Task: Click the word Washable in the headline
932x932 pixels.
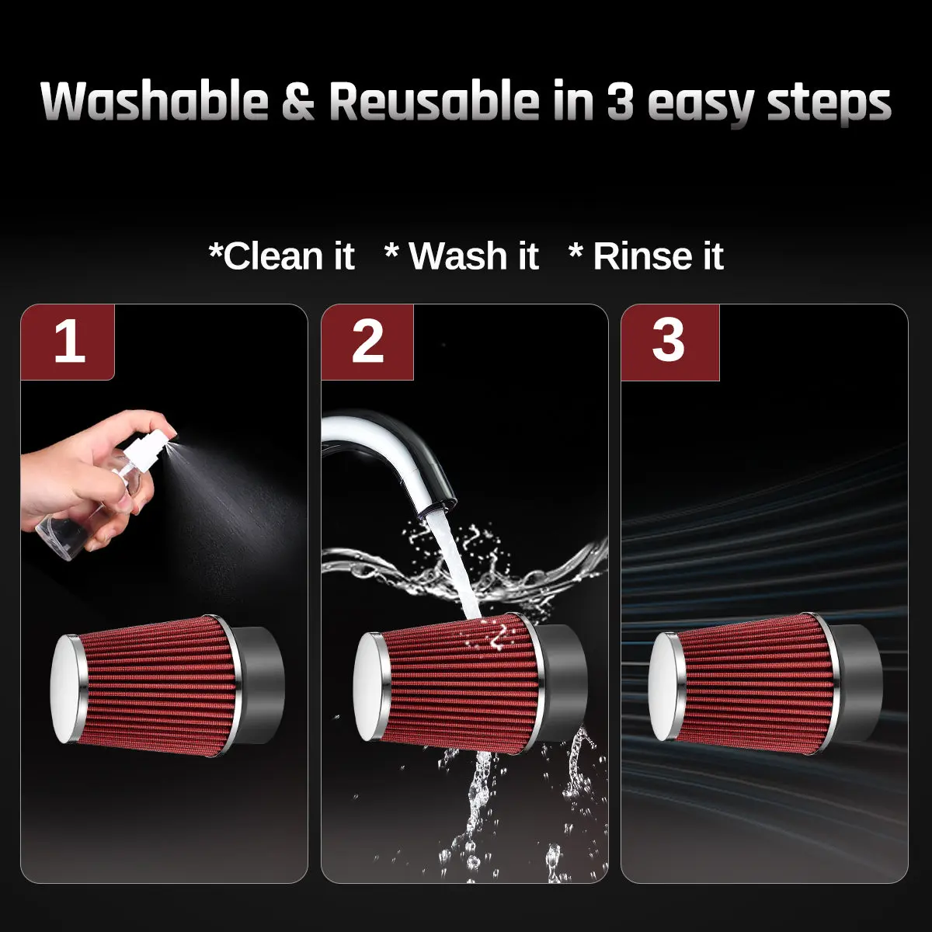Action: pyautogui.click(x=155, y=101)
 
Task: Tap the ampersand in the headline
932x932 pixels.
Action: pyautogui.click(x=298, y=102)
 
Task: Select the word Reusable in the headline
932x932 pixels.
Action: pyautogui.click(x=434, y=101)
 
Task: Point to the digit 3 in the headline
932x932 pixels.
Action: pyautogui.click(x=620, y=102)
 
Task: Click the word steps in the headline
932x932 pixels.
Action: pyautogui.click(x=829, y=105)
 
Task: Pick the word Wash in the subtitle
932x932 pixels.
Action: pyautogui.click(x=457, y=256)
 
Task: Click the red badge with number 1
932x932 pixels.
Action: pyautogui.click(x=68, y=342)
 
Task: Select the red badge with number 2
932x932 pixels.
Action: pyautogui.click(x=367, y=342)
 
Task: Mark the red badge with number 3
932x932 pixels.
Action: pyautogui.click(x=669, y=342)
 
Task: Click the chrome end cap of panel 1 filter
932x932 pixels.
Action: pyautogui.click(x=68, y=689)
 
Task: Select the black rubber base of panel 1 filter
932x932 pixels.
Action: pyautogui.click(x=261, y=685)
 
